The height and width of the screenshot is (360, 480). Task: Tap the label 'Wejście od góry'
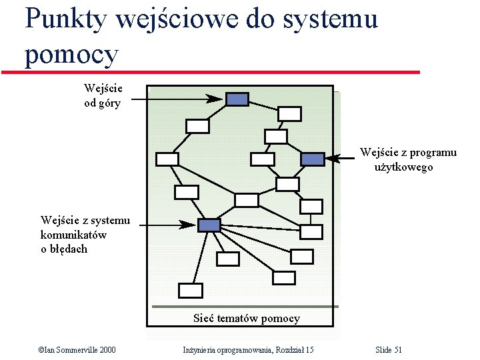pyautogui.click(x=103, y=95)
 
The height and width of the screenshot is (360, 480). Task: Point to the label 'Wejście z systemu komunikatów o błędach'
pyautogui.click(x=85, y=234)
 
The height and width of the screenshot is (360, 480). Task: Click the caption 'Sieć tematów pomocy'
pyautogui.click(x=247, y=318)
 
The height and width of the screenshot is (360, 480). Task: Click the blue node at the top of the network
pyautogui.click(x=237, y=99)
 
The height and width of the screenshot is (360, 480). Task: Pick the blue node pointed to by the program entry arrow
pyautogui.click(x=312, y=159)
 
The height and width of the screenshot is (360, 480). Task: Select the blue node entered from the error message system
pyautogui.click(x=209, y=225)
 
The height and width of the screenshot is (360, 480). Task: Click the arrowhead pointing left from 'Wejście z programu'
pyautogui.click(x=334, y=159)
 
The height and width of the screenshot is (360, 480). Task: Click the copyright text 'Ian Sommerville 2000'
pyautogui.click(x=77, y=350)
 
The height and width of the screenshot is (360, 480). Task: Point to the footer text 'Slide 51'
pyautogui.click(x=389, y=350)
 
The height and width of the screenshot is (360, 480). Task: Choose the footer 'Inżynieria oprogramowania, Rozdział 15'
pyautogui.click(x=248, y=350)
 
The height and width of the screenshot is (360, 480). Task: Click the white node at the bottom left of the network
pyautogui.click(x=191, y=290)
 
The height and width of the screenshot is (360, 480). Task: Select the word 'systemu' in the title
pyautogui.click(x=330, y=19)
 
